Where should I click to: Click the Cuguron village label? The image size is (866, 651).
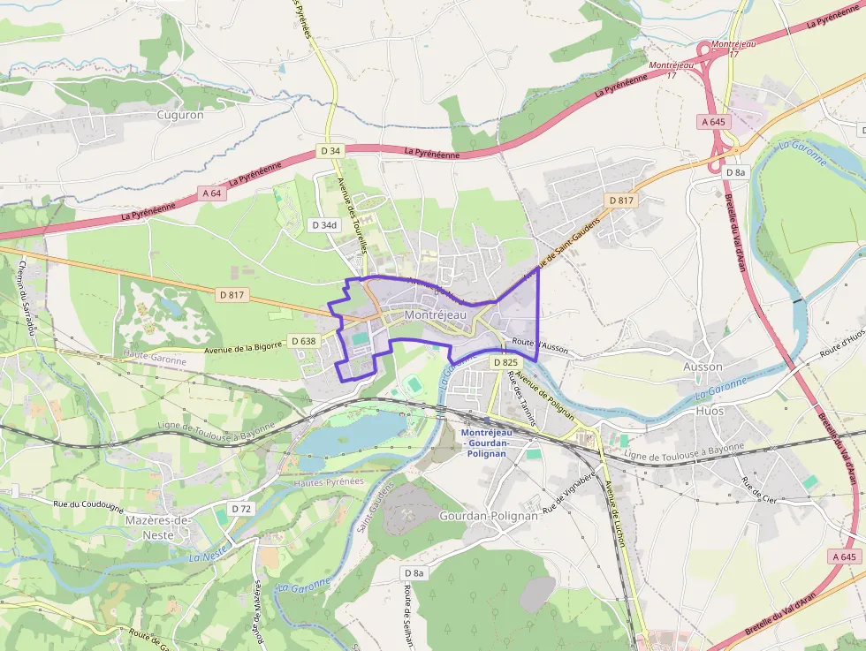click(179, 115)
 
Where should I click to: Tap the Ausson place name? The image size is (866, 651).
click(703, 367)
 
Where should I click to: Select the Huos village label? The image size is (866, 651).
click(710, 412)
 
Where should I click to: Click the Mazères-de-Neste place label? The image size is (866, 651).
click(158, 527)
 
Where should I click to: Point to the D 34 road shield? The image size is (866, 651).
click(330, 151)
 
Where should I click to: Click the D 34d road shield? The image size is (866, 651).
click(323, 225)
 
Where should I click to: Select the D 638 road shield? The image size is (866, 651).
click(303, 341)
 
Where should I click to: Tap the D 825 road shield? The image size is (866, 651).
click(505, 362)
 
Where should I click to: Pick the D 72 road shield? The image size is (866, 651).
click(241, 509)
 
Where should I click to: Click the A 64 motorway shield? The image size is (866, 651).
click(211, 193)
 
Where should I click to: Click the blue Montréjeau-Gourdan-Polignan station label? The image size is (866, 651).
click(486, 442)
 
